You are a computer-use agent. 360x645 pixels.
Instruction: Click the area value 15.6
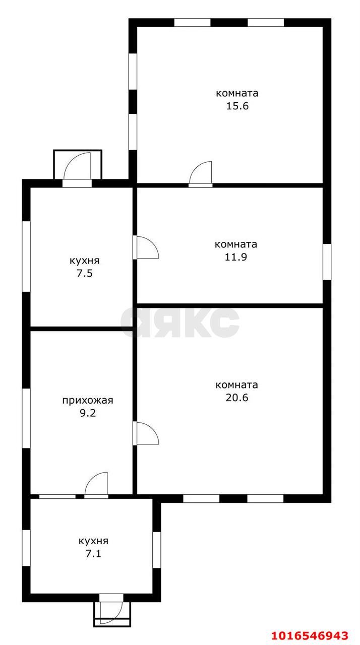tap(237, 106)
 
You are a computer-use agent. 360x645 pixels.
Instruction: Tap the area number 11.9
tap(236, 257)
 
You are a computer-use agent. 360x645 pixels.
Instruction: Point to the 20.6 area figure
tap(237, 398)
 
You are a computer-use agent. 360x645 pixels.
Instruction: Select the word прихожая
tap(88, 401)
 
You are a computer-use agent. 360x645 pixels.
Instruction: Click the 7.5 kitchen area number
tap(84, 273)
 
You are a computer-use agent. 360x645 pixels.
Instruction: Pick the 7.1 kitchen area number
tap(93, 553)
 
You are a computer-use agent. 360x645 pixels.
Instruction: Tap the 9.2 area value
tap(88, 413)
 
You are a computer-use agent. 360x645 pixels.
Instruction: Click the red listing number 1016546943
tap(310, 635)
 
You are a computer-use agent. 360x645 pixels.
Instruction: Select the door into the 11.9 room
tap(146, 247)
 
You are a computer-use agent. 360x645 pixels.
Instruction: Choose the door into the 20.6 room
tap(146, 433)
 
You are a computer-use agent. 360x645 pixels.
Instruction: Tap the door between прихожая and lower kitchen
tap(96, 485)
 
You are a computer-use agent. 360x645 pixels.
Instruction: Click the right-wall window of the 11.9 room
tap(327, 262)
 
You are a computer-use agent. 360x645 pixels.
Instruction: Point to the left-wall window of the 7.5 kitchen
tap(26, 256)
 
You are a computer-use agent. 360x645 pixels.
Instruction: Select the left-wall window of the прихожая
tap(26, 418)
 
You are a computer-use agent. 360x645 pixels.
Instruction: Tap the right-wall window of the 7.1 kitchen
tap(156, 550)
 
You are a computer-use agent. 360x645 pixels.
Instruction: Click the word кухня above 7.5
tap(84, 261)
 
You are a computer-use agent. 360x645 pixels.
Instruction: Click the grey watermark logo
tap(179, 322)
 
